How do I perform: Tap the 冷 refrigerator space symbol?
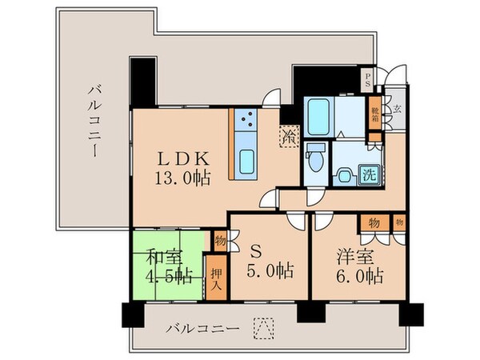pyautogui.click(x=287, y=135)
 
